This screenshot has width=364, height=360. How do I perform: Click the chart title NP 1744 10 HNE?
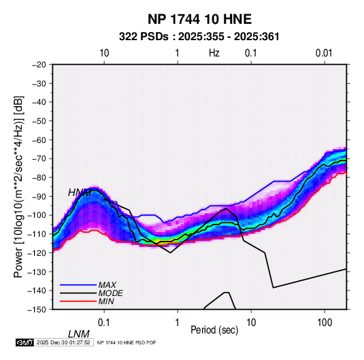(x=199, y=19)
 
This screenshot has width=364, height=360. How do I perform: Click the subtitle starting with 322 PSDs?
(x=199, y=37)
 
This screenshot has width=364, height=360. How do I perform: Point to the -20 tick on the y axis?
(x=39, y=65)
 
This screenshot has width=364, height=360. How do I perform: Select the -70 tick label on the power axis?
(x=39, y=159)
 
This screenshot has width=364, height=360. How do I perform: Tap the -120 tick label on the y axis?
(x=37, y=253)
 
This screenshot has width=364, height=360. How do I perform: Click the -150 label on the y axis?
(x=37, y=310)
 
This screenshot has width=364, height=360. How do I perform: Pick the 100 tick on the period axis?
(x=325, y=323)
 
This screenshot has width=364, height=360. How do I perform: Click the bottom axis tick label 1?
(x=178, y=323)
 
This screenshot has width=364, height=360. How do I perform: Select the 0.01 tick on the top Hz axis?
(x=324, y=53)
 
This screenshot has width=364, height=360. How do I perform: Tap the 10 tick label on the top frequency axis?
(x=104, y=53)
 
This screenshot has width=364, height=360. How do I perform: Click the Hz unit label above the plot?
(x=214, y=53)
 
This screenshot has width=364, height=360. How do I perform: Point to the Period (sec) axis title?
(x=214, y=330)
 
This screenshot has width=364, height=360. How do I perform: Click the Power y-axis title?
(x=18, y=186)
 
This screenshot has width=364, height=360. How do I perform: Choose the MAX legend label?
(x=107, y=284)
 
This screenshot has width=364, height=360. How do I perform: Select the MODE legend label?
(x=110, y=293)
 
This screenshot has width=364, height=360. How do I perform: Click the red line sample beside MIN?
(x=78, y=301)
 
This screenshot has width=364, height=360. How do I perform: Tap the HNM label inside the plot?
(x=80, y=193)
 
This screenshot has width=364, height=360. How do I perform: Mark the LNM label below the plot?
(x=78, y=334)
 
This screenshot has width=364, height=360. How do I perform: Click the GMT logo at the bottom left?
(x=24, y=342)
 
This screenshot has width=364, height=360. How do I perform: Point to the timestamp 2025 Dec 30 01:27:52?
(x=63, y=342)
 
